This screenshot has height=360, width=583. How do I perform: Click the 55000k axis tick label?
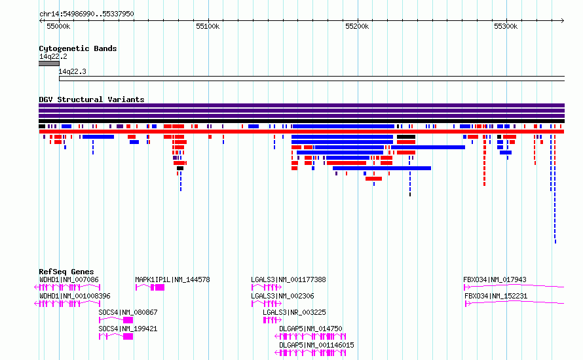pyautogui.click(x=58, y=26)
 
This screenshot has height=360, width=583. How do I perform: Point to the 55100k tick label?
pyautogui.click(x=208, y=26)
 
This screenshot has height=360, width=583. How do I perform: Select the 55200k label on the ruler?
pyautogui.click(x=357, y=26)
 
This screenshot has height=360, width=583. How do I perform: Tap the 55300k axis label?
pyautogui.click(x=506, y=26)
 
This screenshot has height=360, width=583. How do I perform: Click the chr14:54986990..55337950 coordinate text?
pyautogui.click(x=86, y=14)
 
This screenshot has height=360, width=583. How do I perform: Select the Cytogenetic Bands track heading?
pyautogui.click(x=78, y=48)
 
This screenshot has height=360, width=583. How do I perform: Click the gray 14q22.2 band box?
pyautogui.click(x=49, y=63)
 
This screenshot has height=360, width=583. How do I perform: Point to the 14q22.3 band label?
pyautogui.click(x=72, y=71)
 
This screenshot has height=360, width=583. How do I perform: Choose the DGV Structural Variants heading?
pyautogui.click(x=92, y=99)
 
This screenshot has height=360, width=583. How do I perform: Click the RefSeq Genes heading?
pyautogui.click(x=66, y=272)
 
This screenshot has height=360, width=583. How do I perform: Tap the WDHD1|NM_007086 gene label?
pyautogui.click(x=69, y=279)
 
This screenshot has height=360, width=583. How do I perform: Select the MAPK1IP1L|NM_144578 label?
pyautogui.click(x=172, y=279)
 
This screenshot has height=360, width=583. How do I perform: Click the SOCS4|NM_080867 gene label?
pyautogui.click(x=128, y=312)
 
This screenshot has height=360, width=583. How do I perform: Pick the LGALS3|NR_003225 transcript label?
pyautogui.click(x=294, y=312)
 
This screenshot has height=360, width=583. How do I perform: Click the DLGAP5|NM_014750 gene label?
pyautogui.click(x=310, y=329)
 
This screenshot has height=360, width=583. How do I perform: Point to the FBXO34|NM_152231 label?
pyautogui.click(x=496, y=296)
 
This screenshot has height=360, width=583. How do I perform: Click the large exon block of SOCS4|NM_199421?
pyautogui.click(x=128, y=336)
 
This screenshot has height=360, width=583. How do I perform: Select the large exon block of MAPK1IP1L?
pyautogui.click(x=160, y=287)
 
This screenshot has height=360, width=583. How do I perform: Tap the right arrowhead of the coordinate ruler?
pyautogui.click(x=563, y=20)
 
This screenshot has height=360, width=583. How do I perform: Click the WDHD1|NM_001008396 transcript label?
pyautogui.click(x=75, y=296)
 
